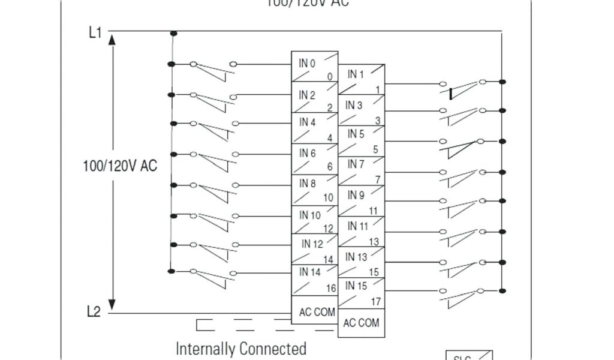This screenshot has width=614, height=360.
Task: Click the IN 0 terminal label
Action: [x=307, y=62]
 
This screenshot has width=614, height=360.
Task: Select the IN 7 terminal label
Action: [x=356, y=164]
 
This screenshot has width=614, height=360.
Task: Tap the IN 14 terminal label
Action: [x=311, y=272]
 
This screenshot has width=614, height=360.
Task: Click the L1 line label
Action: [x=95, y=32]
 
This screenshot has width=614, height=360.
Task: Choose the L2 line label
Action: [x=94, y=312]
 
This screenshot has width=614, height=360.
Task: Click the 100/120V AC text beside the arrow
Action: [x=120, y=166]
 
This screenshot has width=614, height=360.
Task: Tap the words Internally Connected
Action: [x=241, y=349]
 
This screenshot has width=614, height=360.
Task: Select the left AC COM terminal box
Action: [x=317, y=313]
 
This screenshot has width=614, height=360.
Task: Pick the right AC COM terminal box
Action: [x=361, y=323]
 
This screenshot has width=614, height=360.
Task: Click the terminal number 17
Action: [x=375, y=301]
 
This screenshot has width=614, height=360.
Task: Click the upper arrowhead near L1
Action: [x=112, y=40]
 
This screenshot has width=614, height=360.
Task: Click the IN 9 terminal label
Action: [x=356, y=195]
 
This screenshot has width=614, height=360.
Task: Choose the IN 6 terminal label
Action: [x=308, y=154]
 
